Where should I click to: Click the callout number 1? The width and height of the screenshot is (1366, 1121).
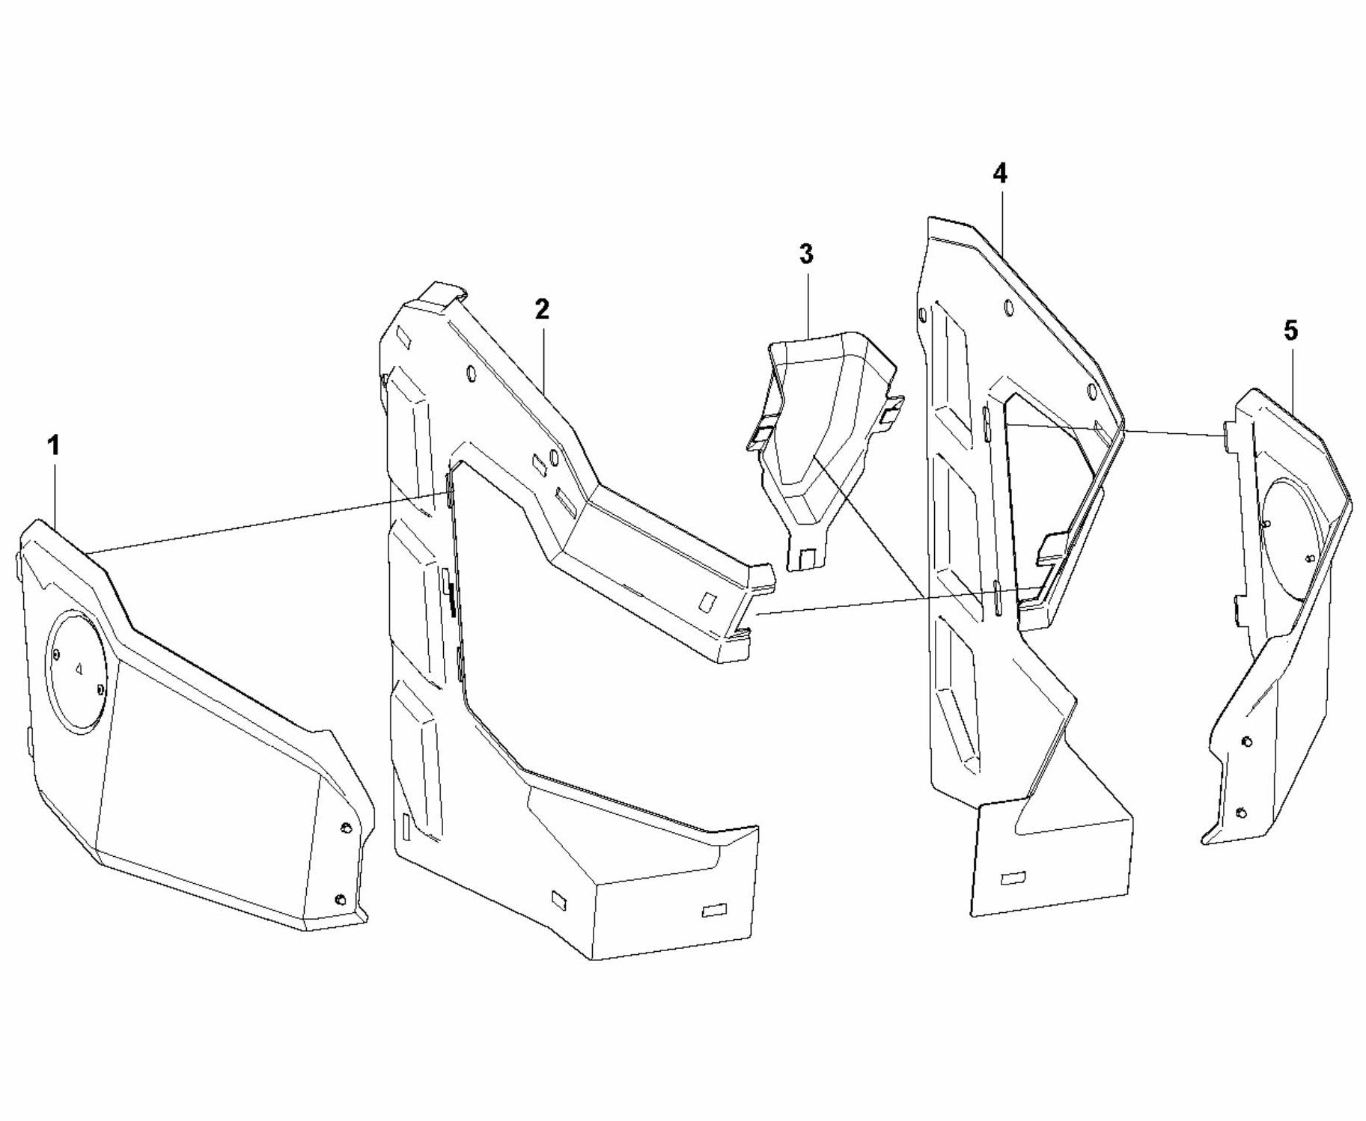coord(52,446)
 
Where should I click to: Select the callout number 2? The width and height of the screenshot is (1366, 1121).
coord(542,309)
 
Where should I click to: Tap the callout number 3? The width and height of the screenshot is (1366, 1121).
coord(806,254)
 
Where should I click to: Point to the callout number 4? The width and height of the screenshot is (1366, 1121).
coord(1000,174)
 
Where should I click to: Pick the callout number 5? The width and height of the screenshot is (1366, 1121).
coord(1291,330)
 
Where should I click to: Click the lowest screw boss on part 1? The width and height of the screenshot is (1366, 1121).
coord(340,898)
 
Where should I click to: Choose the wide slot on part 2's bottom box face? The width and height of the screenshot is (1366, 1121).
coord(715,911)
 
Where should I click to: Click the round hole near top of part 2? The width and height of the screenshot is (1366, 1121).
coord(469,372)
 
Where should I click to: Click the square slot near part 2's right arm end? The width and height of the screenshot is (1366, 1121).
coord(706,600)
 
